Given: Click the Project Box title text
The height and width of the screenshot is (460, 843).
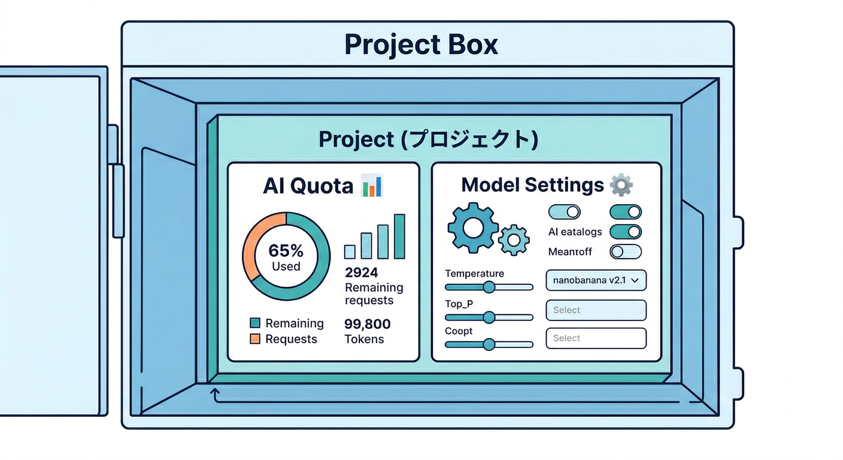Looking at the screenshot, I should pos(421,45).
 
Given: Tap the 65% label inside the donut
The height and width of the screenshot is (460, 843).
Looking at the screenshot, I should pos(286,250).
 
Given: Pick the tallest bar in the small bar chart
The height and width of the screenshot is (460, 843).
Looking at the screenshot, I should pos(399,236).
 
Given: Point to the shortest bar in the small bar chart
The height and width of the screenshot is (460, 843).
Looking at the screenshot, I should pos(350,251).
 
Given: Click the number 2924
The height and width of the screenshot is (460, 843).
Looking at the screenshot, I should pos(362,273).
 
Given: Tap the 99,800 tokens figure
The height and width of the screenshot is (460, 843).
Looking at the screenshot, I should pos(367,324).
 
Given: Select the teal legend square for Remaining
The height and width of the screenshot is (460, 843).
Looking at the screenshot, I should pos(255,323).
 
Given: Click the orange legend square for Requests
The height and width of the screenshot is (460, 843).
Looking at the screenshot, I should pos(255,339).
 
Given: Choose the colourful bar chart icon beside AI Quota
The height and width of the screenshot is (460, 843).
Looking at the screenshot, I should pos(372,186).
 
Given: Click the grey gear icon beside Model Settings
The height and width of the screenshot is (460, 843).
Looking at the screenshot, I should pos(621,184).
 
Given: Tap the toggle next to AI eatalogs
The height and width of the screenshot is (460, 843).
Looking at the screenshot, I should pos(625,232).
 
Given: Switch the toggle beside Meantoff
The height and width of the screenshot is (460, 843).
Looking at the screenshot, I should pos(625,252).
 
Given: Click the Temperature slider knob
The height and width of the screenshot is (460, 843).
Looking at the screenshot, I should pos(489,287).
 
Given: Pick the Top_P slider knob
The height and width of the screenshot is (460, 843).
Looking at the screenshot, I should pos(489,317).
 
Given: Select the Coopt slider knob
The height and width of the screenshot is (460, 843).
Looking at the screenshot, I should pos(489,344).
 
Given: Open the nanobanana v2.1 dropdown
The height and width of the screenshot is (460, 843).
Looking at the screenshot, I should pos(596,280).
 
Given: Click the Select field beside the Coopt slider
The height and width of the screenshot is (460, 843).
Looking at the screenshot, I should pos(596,338).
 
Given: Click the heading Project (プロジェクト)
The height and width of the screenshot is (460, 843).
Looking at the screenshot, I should pos(428,139).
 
